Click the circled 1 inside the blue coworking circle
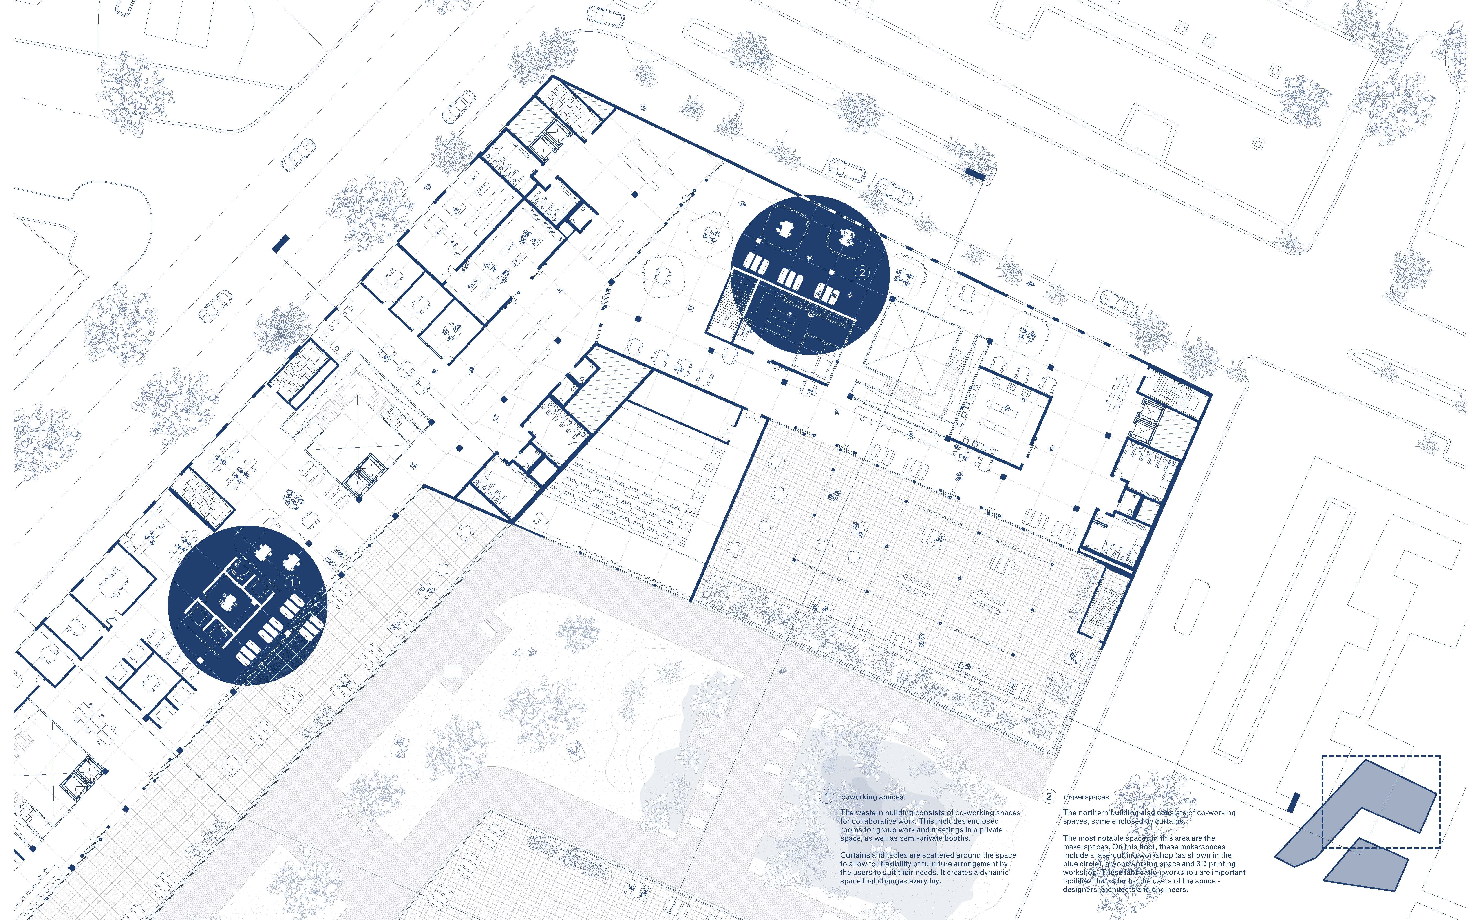coord(292,582)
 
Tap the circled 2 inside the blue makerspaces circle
coord(862,273)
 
